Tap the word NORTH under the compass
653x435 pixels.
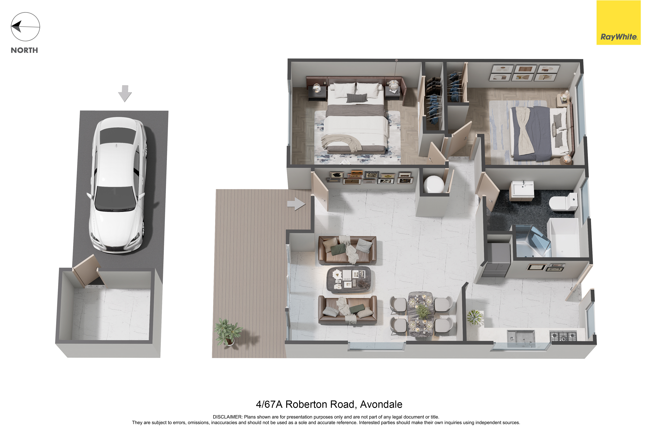point(24,50)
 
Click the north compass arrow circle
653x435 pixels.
point(25,27)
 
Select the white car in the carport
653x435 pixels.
point(117,185)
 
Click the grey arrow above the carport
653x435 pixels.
point(125,93)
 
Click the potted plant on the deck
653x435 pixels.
point(228,332)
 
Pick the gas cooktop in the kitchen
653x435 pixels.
point(563,336)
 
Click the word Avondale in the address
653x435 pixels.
point(381,404)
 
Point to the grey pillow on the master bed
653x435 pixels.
point(357,98)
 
